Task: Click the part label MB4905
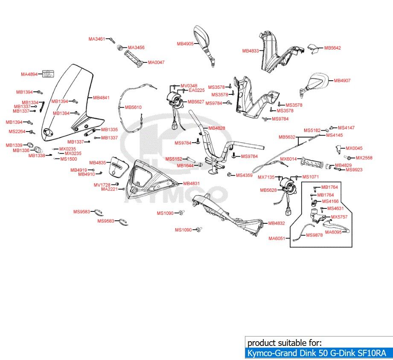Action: click(185, 44)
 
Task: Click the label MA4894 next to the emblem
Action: click(29, 74)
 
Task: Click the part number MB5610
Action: click(133, 107)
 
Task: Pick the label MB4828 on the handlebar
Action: click(217, 129)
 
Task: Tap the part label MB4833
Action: click(250, 51)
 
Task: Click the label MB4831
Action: click(191, 184)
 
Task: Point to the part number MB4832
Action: click(277, 223)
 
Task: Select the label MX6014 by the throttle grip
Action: click(288, 159)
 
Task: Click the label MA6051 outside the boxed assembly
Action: click(277, 239)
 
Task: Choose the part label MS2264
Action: click(17, 132)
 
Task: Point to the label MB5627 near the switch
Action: click(196, 102)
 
